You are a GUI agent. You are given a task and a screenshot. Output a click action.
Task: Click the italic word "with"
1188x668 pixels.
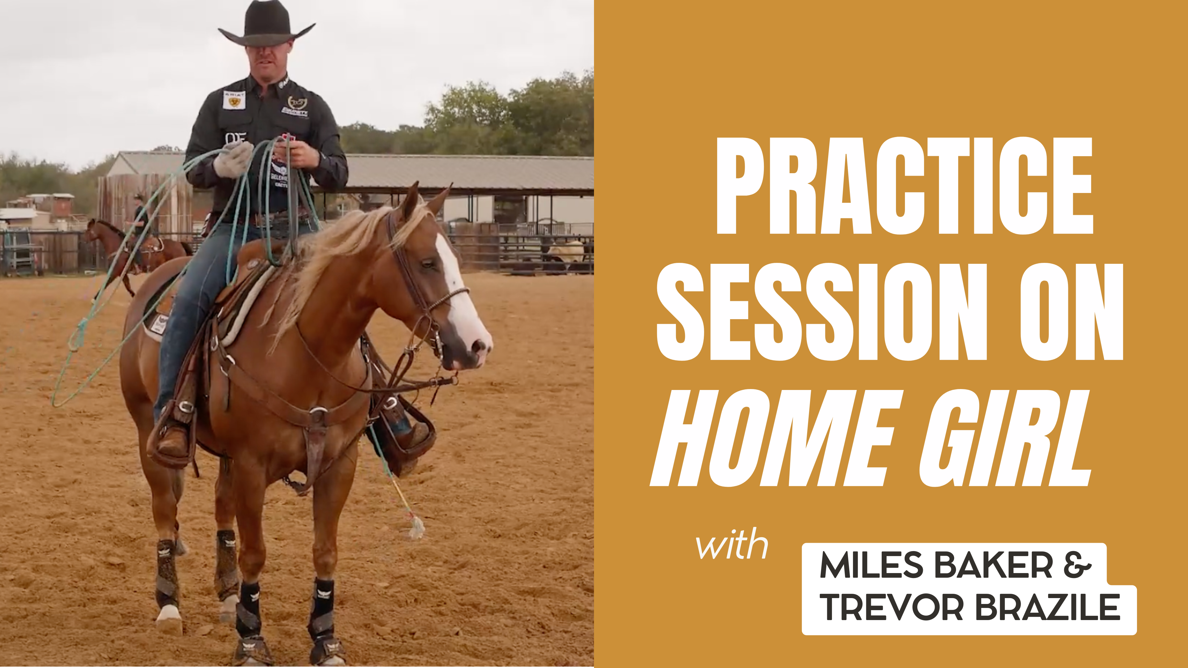(732, 545)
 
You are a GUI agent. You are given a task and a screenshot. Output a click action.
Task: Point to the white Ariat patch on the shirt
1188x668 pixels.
(234, 100)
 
